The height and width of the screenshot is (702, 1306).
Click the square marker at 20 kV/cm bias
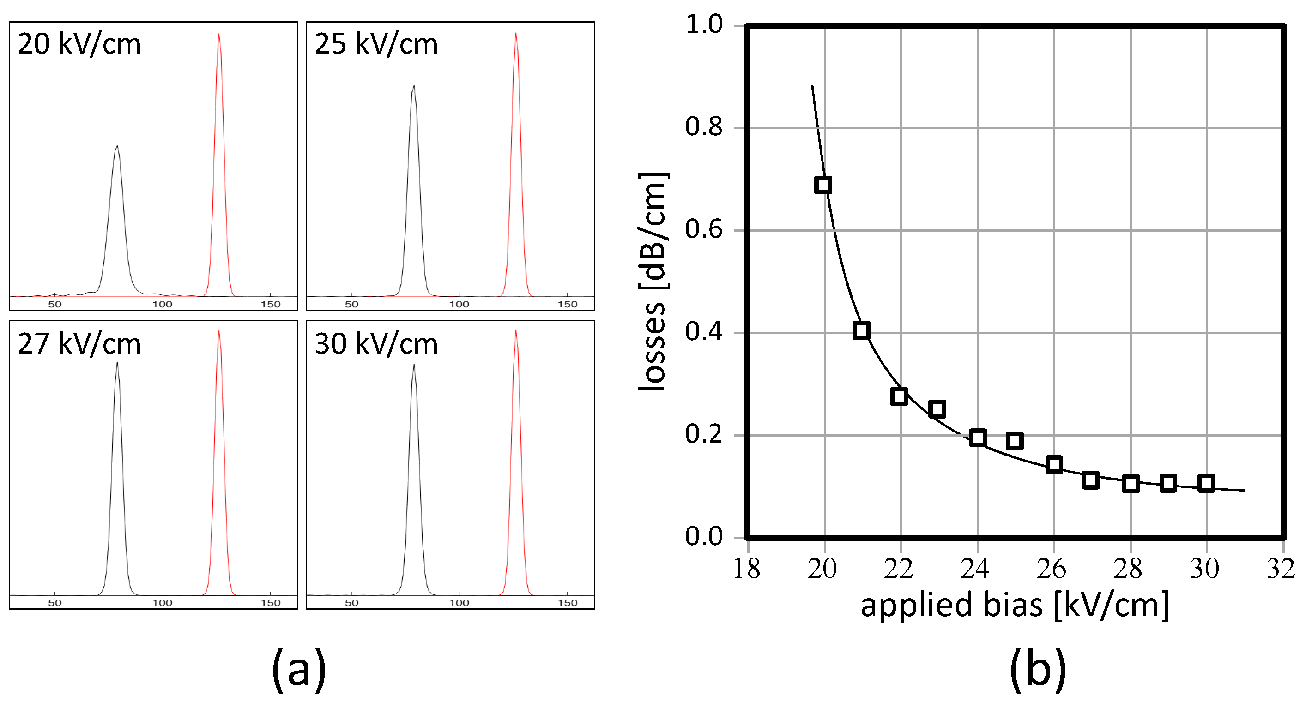(x=823, y=185)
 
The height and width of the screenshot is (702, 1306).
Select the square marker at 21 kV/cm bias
(x=861, y=330)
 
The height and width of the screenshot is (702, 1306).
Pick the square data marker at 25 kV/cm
(x=1015, y=440)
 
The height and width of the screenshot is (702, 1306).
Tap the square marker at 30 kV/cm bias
(x=1206, y=483)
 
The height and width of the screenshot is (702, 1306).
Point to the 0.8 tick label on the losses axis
(x=703, y=127)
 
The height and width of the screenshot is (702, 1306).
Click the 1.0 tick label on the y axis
(x=703, y=24)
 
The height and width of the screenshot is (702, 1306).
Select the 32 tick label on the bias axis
(x=1281, y=569)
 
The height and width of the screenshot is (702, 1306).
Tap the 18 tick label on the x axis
(x=747, y=569)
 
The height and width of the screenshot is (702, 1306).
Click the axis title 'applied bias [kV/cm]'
(x=1015, y=605)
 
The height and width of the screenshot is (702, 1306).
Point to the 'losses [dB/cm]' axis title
(x=653, y=281)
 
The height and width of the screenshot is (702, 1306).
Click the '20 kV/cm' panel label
(x=79, y=44)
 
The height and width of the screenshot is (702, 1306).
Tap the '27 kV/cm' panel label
(x=79, y=344)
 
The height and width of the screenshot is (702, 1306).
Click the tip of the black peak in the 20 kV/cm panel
(x=117, y=146)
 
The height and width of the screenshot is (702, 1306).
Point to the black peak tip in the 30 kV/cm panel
(x=414, y=366)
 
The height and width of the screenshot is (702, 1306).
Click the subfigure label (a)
(x=299, y=670)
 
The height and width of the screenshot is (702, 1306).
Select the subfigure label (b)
(x=1038, y=670)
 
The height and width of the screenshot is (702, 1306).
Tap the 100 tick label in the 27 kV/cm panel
(x=162, y=603)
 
